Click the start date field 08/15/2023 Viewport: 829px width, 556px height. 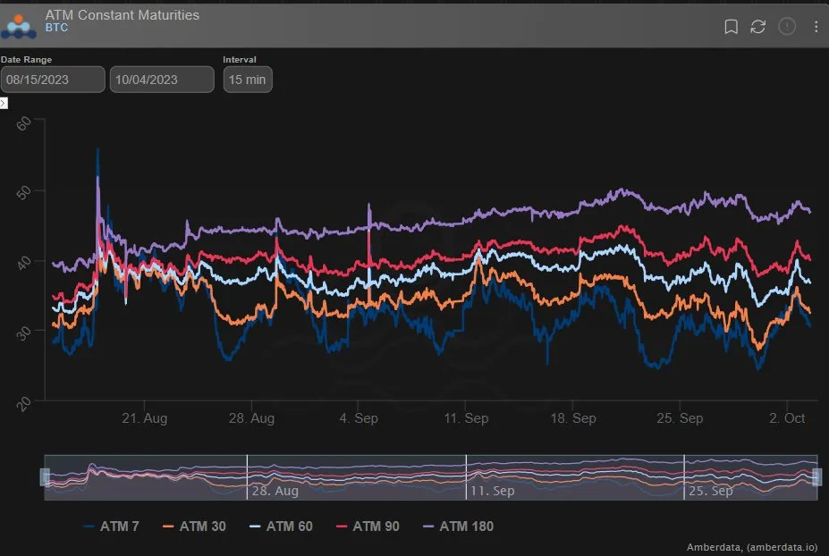(53, 80)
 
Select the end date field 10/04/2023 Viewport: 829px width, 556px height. (162, 80)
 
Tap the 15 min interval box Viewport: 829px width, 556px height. (248, 80)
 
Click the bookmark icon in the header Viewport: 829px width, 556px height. (731, 27)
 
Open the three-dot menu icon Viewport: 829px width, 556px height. (816, 27)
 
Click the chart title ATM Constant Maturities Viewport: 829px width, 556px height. (123, 15)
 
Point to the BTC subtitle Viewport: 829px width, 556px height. (56, 28)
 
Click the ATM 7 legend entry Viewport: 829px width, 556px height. (112, 527)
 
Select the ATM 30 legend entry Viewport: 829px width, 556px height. (195, 527)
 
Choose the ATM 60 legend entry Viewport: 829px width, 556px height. (282, 527)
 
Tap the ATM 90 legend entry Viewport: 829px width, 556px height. (368, 527)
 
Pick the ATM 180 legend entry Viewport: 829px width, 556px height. (459, 527)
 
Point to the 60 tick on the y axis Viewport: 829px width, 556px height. (24, 123)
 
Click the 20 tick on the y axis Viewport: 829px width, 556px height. (24, 404)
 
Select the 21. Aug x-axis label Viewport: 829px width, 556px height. (144, 418)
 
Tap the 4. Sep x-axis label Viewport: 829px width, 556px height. (359, 418)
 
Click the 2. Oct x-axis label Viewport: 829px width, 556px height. (787, 418)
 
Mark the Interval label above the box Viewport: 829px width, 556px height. (240, 60)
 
